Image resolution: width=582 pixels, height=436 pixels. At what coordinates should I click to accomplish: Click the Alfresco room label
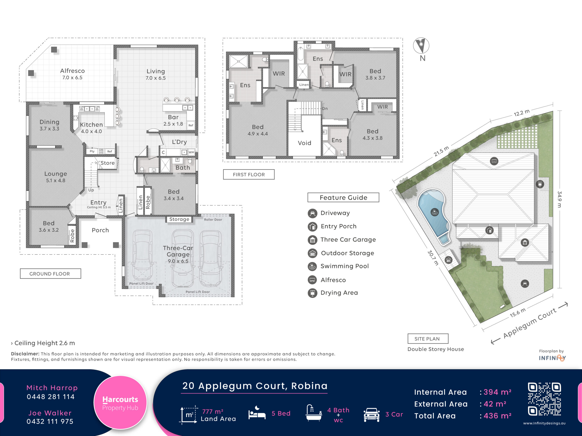72,74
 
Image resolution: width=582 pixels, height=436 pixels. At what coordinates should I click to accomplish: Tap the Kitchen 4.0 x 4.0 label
91,128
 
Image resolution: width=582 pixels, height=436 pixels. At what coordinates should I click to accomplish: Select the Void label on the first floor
304,143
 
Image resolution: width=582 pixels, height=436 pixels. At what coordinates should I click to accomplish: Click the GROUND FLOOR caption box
50,274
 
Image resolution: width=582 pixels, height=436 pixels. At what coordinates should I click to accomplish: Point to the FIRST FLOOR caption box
249,174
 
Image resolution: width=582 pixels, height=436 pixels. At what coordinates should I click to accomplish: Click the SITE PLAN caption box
428,339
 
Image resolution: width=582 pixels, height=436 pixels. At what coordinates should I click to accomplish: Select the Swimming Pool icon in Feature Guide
312,267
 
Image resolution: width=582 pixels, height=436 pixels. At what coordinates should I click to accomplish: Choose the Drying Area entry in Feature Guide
333,293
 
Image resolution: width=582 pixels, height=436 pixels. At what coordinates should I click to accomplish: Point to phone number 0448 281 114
50,396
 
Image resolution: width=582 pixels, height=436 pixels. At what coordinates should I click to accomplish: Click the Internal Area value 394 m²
497,392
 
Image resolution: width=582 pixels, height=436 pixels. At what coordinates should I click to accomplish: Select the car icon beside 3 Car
371,415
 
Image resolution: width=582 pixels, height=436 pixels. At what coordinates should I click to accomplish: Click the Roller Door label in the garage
213,219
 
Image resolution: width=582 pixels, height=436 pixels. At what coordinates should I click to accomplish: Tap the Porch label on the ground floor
100,230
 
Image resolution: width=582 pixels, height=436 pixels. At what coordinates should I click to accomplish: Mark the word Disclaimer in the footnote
25,354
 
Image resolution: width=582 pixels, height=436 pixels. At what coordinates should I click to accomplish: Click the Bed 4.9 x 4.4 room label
258,130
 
